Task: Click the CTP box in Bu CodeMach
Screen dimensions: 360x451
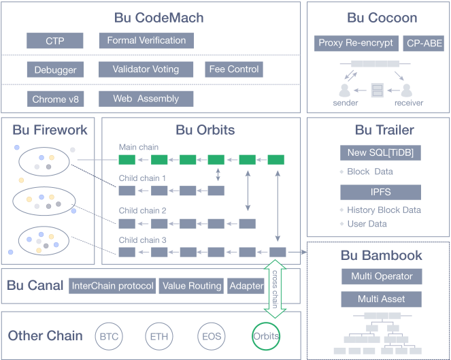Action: coord(55,41)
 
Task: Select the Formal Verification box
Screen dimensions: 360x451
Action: coord(146,41)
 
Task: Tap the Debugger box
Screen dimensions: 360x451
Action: coord(55,69)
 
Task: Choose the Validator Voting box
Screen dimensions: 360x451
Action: coord(147,69)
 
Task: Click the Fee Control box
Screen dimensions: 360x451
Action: coord(233,69)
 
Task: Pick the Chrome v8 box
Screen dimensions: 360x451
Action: coord(55,99)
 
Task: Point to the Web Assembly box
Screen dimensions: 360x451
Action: coord(146,99)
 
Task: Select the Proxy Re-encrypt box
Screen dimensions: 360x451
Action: coord(356,44)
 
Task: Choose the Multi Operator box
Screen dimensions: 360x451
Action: coord(382,276)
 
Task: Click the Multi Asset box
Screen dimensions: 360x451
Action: coord(382,299)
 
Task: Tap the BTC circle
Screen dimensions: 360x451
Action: coord(109,336)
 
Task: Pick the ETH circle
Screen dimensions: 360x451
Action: coord(159,336)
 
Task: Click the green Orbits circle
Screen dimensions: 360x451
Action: coord(265,336)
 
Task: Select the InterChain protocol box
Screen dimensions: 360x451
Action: coord(112,286)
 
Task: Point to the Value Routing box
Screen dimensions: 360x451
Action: coord(191,286)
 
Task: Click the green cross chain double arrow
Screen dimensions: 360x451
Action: coord(275,289)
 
